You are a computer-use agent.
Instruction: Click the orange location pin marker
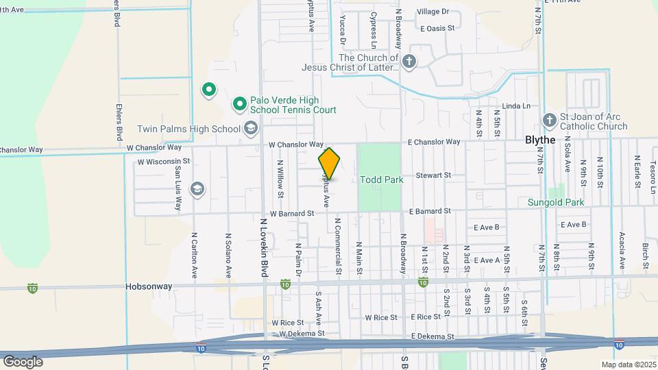coord(329,163)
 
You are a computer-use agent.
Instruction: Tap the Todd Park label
coord(381,180)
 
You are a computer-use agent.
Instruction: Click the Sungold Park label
coord(555,202)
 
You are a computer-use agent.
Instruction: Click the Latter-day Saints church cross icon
coord(409,62)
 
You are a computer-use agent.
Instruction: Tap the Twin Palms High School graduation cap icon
coord(251,129)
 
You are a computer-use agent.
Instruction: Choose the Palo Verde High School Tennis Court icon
coord(239,104)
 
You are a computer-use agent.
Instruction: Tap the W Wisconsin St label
coord(163,162)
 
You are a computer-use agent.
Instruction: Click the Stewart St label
coord(437,175)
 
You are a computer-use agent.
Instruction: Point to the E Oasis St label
coord(437,28)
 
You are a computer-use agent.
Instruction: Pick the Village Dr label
coord(432,12)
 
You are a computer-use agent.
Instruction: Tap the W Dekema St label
coord(300,334)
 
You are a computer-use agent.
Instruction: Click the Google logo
coord(23,361)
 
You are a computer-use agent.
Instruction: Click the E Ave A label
coord(487,260)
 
